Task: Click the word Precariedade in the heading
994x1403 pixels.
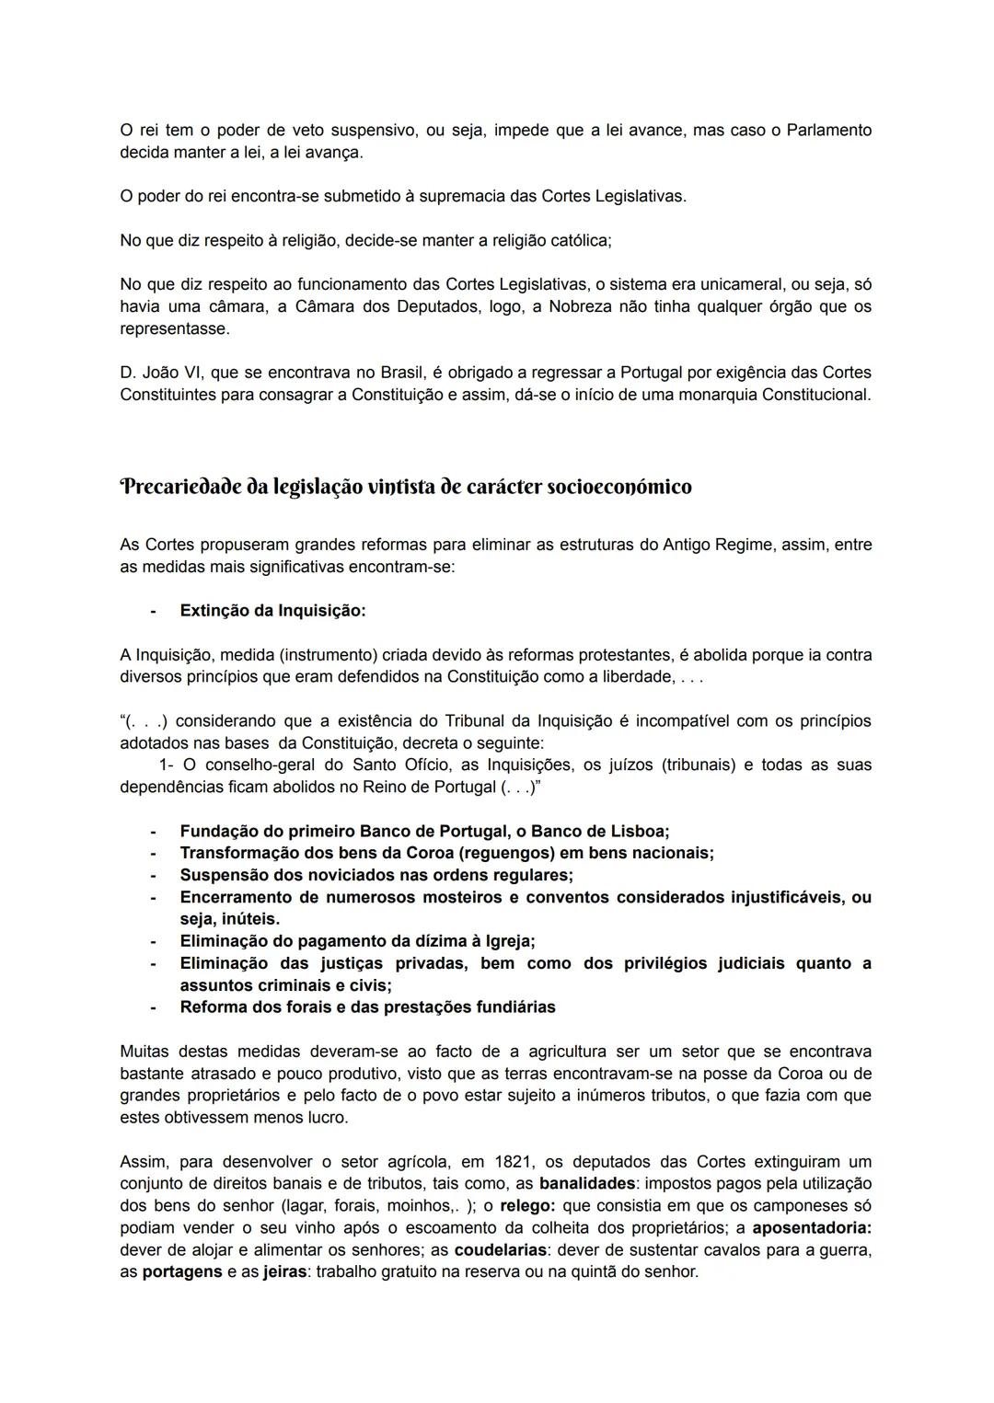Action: pos(179,487)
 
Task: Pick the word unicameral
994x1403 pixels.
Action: pos(747,284)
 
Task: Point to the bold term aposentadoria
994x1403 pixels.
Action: pos(811,1227)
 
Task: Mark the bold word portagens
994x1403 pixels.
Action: pos(182,1271)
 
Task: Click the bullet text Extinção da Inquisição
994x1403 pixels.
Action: pos(272,611)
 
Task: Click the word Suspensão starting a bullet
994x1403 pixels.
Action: pos(222,875)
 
